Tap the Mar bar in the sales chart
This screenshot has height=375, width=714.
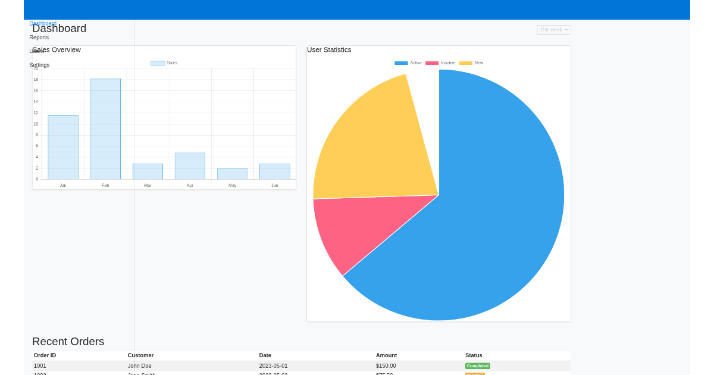coord(148,171)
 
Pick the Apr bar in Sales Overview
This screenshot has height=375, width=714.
coord(190,166)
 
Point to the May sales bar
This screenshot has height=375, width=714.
coord(232,174)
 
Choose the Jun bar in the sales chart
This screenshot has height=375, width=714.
coord(274,171)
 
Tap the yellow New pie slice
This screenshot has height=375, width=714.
coord(375,149)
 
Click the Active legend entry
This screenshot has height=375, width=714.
coord(408,63)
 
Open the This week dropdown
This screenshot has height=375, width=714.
coord(553,30)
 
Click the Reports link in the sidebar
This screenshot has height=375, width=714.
coord(39,37)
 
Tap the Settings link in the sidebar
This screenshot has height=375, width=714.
coord(39,65)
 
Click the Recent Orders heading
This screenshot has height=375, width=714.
coord(68,342)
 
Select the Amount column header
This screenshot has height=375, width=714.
coord(386,355)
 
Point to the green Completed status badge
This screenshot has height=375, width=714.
coord(478,366)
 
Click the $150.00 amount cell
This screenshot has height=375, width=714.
coord(386,366)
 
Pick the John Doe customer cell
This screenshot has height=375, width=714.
coord(139,366)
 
